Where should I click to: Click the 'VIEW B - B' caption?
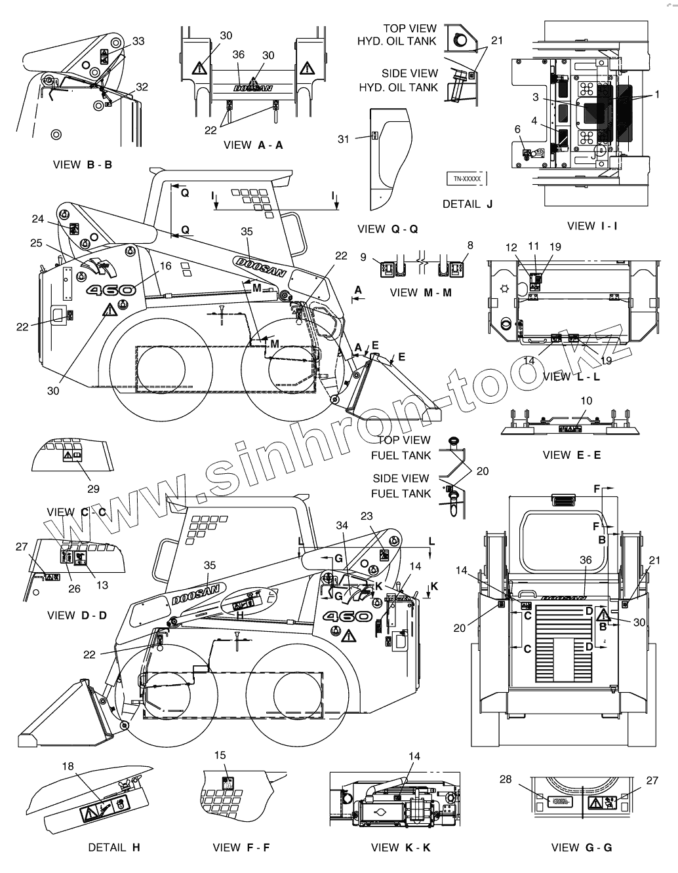82,165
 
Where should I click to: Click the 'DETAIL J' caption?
467,204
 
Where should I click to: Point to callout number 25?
36,243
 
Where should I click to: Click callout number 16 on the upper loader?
165,265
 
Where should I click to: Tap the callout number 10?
586,400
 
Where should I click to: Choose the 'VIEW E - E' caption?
571,455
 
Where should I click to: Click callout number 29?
93,488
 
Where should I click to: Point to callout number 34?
341,525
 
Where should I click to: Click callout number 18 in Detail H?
68,766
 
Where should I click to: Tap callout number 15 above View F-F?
220,756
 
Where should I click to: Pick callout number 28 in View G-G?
506,779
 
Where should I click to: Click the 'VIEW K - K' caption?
400,847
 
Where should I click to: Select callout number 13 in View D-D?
102,585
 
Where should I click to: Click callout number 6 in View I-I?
517,129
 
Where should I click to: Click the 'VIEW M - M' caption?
420,292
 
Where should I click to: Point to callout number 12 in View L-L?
511,247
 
